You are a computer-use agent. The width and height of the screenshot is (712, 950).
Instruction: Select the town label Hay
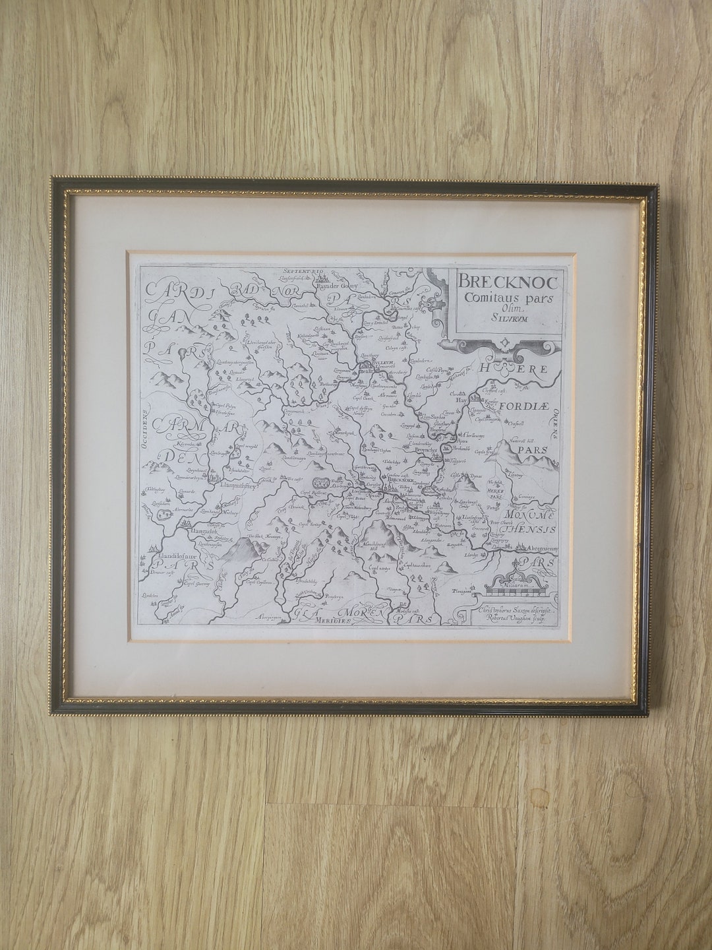pyautogui.click(x=461, y=400)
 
